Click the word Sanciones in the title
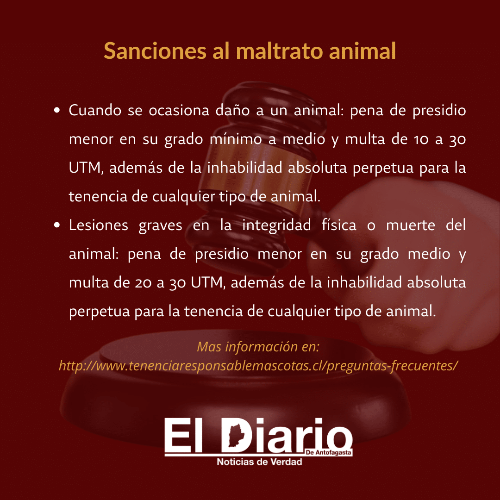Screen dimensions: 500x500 155,51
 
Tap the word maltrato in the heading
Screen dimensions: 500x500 279,51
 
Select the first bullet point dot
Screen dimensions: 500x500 57,110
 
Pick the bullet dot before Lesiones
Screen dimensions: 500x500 57,225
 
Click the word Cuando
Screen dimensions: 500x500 95,110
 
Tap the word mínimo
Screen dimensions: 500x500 236,139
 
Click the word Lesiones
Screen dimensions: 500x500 99,225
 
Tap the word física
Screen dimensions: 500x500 339,225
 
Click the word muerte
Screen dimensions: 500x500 410,225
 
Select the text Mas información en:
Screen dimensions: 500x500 258,347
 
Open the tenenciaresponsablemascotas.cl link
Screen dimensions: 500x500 259,365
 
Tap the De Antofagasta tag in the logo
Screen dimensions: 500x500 328,453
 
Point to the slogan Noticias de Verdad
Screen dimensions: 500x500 260,462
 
